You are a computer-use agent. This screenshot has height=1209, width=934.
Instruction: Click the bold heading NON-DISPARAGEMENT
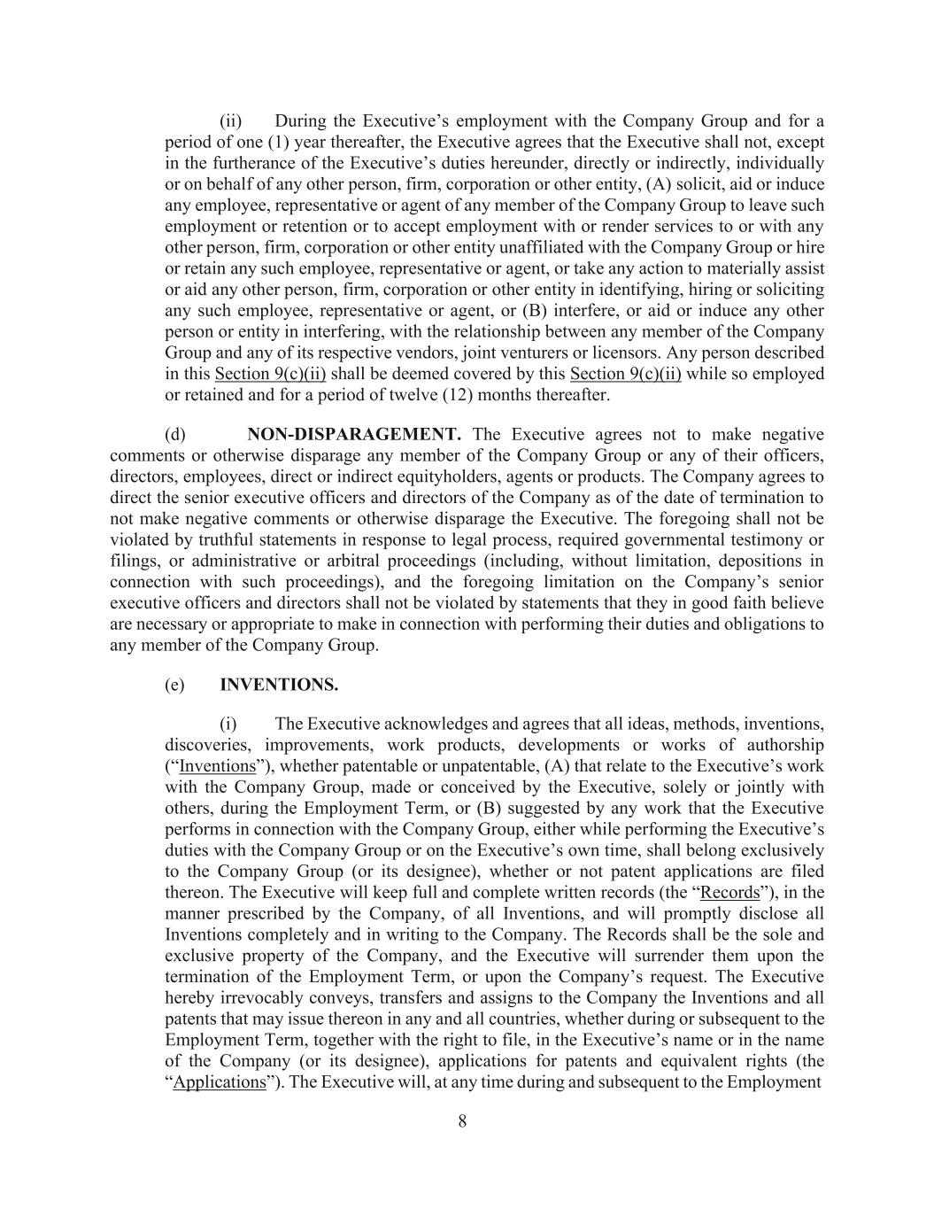click(354, 434)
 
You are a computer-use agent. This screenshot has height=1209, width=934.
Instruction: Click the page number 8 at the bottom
click(462, 1121)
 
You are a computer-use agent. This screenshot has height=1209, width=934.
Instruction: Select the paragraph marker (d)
click(175, 434)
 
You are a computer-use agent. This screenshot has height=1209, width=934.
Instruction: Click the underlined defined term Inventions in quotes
click(217, 766)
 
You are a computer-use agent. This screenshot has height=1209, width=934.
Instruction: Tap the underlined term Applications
click(220, 1082)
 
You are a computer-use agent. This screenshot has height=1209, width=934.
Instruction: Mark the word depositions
click(770, 561)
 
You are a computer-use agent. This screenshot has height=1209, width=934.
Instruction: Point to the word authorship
click(778, 745)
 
